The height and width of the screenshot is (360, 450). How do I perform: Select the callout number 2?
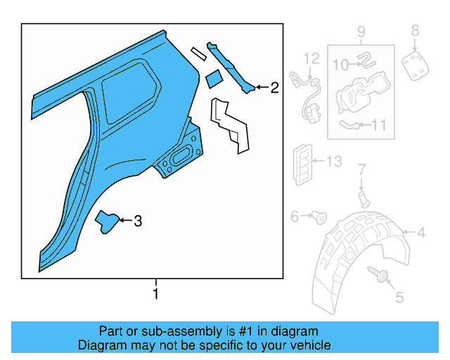(x=274, y=88)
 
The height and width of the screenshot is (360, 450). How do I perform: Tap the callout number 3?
(x=138, y=221)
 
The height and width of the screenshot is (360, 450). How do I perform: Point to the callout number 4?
(x=420, y=233)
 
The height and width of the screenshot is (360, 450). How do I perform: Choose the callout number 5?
(x=399, y=297)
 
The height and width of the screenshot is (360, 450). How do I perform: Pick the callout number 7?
(x=362, y=169)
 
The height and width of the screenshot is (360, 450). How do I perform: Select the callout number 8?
(x=415, y=30)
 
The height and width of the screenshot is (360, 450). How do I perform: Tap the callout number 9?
(x=361, y=31)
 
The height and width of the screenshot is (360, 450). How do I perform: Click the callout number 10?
(x=340, y=65)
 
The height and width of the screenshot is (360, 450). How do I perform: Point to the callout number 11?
(x=379, y=126)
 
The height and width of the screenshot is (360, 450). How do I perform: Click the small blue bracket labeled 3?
(x=107, y=221)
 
